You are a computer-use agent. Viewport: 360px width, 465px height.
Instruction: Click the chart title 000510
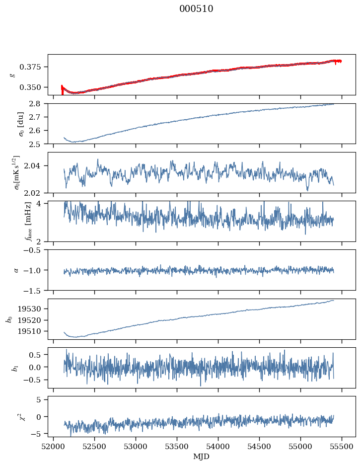[196, 9]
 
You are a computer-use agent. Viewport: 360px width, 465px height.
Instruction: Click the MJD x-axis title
[201, 457]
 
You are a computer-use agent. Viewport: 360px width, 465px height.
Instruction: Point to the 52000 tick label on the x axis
[54, 446]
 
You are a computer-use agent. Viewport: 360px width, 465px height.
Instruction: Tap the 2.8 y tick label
[38, 103]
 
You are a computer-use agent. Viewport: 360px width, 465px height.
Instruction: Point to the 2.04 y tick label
[36, 166]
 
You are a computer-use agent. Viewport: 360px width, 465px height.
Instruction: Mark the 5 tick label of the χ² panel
[42, 399]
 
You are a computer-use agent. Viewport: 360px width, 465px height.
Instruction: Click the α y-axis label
[16, 270]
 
